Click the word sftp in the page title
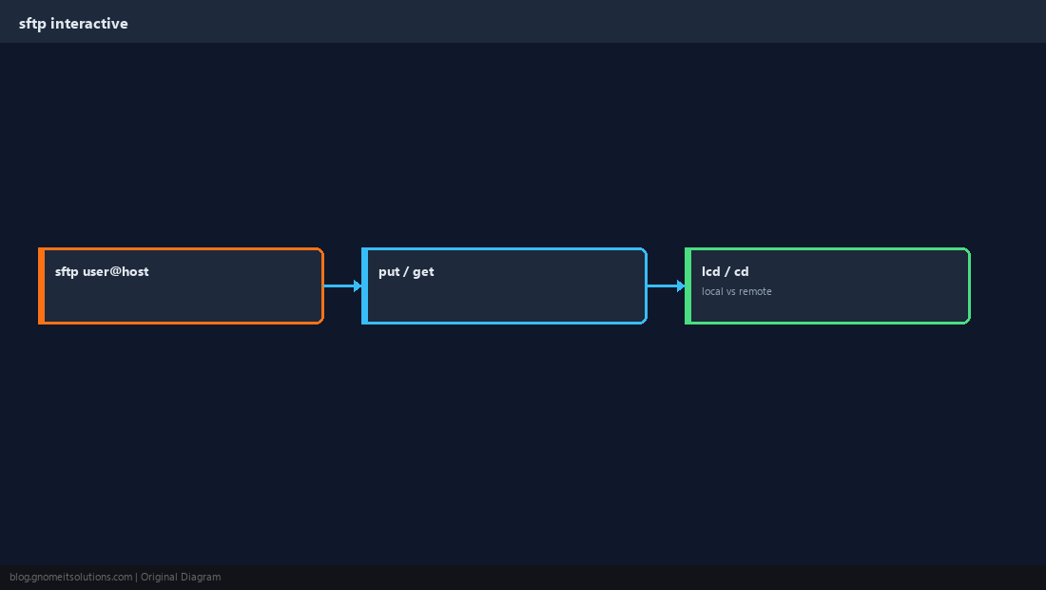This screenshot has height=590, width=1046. click(32, 24)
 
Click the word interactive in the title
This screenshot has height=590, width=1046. click(88, 24)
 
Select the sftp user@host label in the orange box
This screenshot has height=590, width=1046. click(102, 271)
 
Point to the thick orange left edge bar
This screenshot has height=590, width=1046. click(41, 285)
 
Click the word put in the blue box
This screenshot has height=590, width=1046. click(389, 272)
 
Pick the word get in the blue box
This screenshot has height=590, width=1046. click(423, 272)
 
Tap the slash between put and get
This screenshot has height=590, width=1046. click(406, 271)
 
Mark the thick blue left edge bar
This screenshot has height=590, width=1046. click(365, 285)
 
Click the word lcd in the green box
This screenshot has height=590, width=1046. click(711, 271)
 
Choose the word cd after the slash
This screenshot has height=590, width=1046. click(741, 271)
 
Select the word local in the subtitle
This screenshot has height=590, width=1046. click(712, 291)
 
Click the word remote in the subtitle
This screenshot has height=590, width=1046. click(755, 291)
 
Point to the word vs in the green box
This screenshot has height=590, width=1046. click(730, 291)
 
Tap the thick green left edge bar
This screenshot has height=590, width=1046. click(688, 285)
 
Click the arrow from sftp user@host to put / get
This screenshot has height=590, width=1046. click(343, 285)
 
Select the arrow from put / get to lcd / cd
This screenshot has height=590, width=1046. click(667, 285)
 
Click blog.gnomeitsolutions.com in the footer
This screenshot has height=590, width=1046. click(70, 578)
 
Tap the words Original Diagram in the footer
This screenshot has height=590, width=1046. click(181, 578)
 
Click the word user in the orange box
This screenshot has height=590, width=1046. click(95, 271)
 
